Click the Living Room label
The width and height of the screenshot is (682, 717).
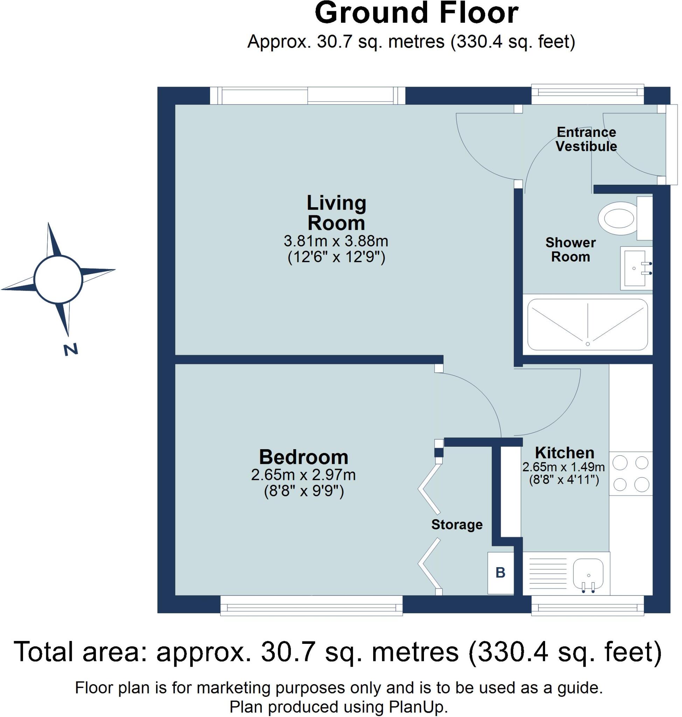click(x=336, y=213)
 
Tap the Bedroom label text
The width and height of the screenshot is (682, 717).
click(x=304, y=457)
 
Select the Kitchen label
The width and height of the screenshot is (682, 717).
click(x=565, y=453)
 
